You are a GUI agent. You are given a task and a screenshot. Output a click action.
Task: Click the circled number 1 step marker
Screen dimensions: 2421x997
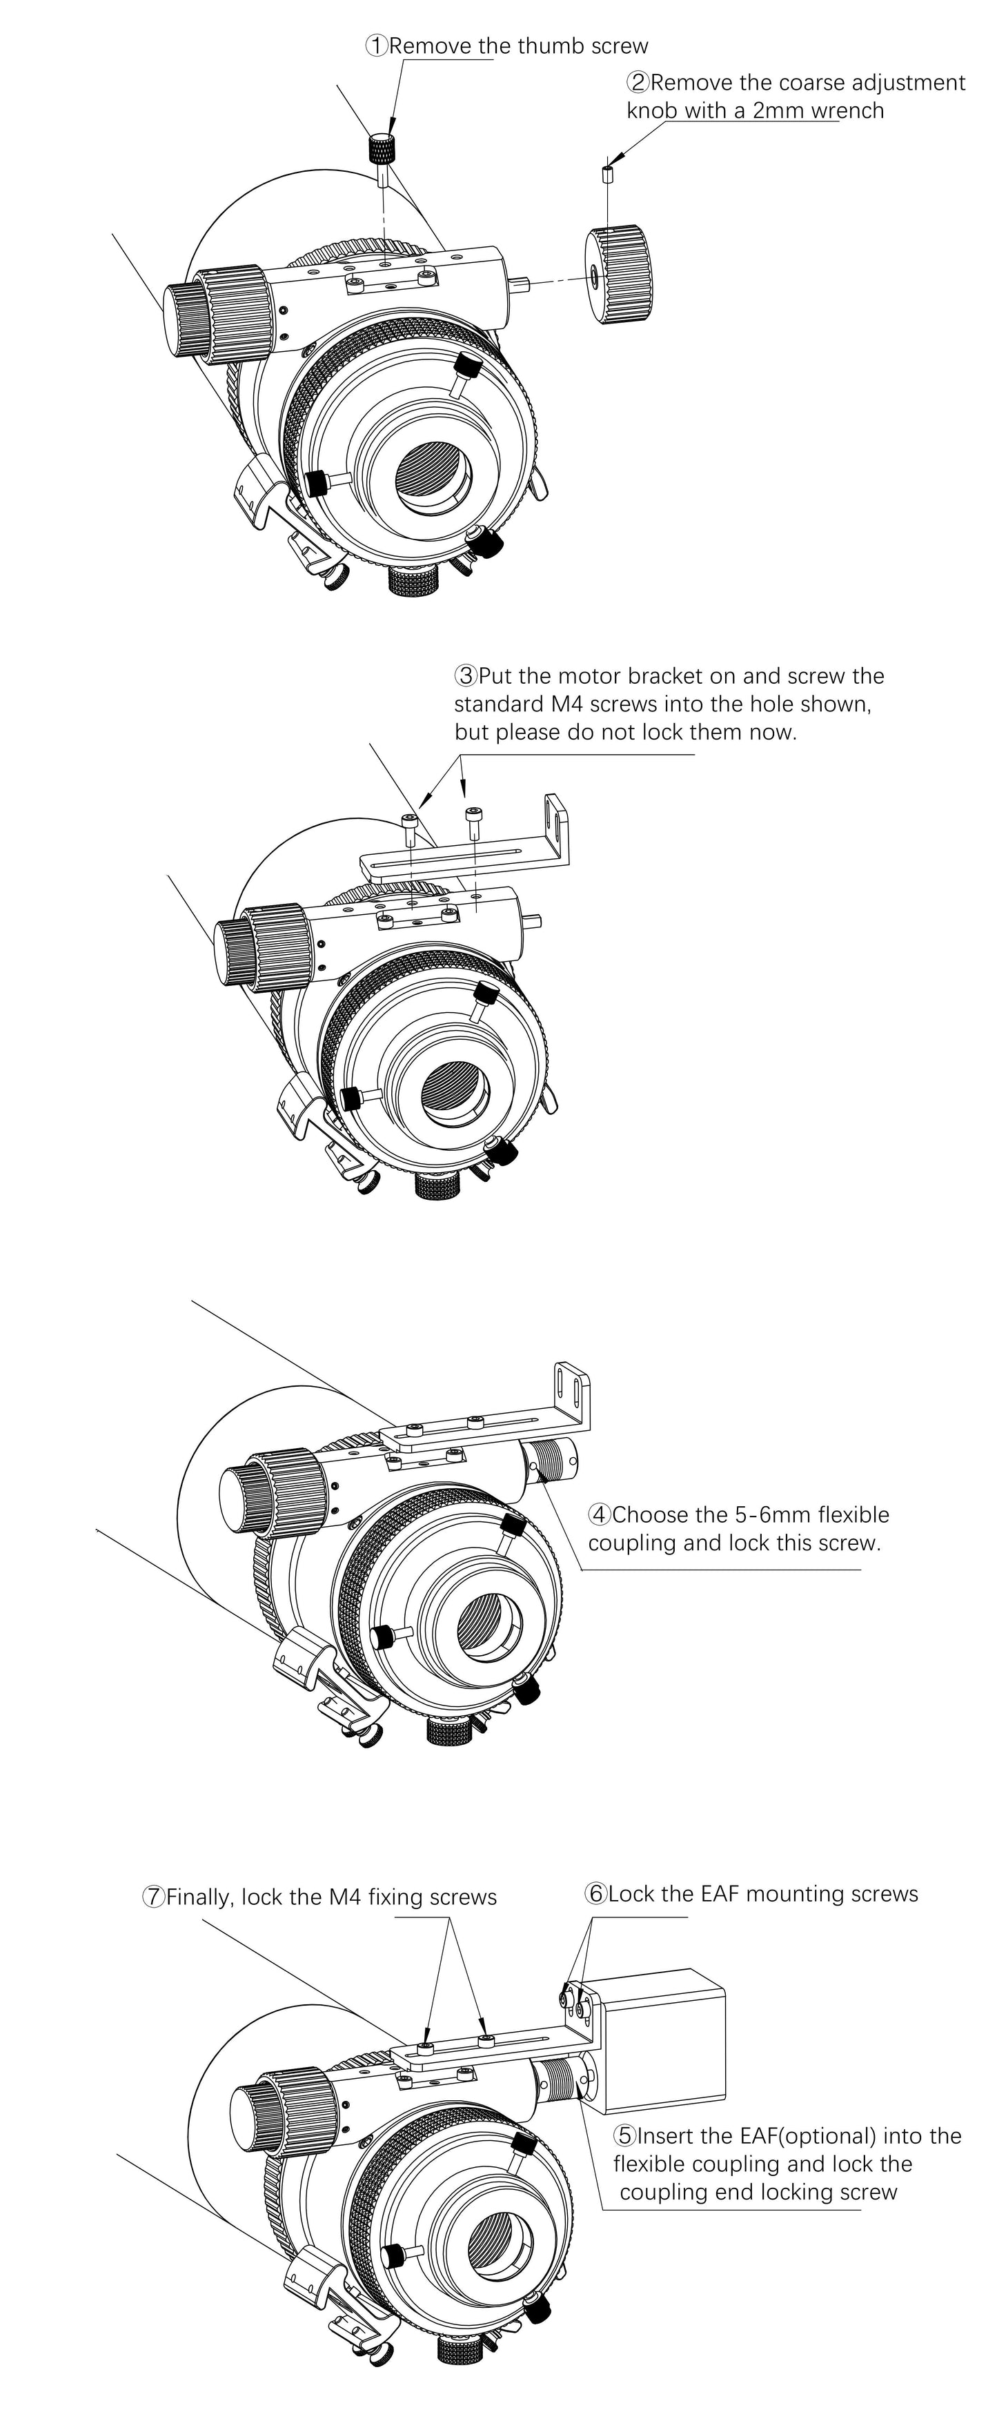click(377, 45)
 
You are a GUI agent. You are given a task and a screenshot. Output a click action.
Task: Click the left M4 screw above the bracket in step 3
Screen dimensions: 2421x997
click(410, 827)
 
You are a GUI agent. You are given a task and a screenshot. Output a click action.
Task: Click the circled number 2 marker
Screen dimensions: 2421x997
click(638, 83)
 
